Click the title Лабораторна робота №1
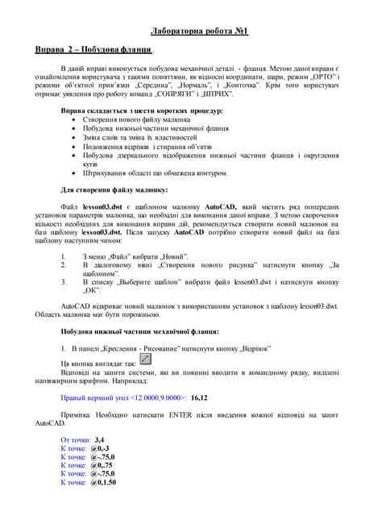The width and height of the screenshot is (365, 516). pos(200,31)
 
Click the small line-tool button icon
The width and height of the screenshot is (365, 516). pos(146,359)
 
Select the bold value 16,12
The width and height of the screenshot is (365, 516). pos(200,397)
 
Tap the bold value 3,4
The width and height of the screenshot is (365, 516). pos(101,439)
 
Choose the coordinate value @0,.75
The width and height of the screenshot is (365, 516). pos(102,465)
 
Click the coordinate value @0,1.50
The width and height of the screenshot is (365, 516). pos(104,482)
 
